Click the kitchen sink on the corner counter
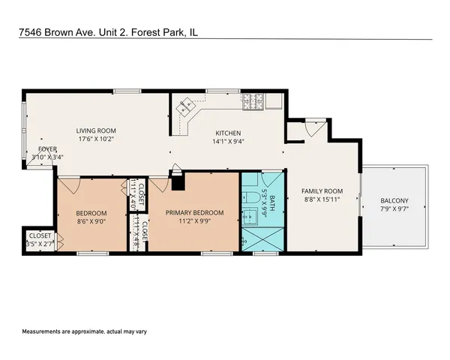tap(182, 109)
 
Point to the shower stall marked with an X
tap(262, 239)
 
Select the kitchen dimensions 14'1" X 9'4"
tap(228, 140)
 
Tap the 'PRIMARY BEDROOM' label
tap(194, 213)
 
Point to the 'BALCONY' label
tap(394, 200)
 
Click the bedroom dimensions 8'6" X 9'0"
tap(91, 221)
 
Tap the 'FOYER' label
tap(47, 149)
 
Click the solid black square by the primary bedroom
tap(178, 184)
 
